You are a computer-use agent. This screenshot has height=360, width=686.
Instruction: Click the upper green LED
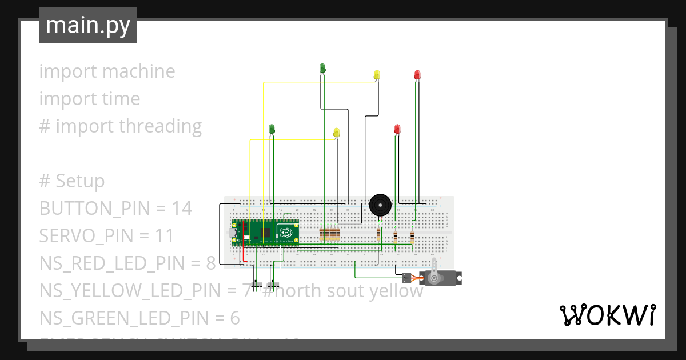click(x=322, y=68)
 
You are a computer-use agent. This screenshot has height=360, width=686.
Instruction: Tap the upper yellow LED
click(x=377, y=74)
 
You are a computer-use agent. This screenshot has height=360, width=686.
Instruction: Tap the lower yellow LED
click(x=336, y=132)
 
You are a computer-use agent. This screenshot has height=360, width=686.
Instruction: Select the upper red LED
click(x=417, y=74)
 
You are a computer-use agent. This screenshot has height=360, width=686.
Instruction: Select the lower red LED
click(x=397, y=129)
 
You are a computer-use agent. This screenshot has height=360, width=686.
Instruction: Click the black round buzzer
click(x=380, y=205)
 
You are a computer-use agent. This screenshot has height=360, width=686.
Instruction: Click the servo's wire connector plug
click(x=406, y=278)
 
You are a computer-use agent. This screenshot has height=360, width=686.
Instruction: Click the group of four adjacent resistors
click(x=329, y=234)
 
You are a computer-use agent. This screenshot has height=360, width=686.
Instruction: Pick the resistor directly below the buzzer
click(x=378, y=234)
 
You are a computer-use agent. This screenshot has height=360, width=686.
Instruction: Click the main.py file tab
click(x=88, y=25)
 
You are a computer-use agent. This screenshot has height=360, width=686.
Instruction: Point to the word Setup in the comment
click(x=80, y=181)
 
